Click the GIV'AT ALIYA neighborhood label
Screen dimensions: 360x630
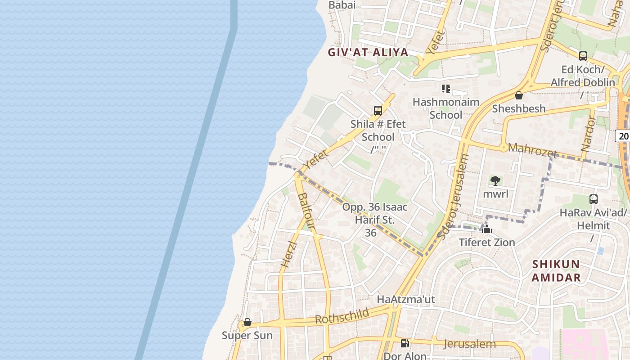click(x=368, y=52)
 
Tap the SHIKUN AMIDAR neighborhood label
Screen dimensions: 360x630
click(x=556, y=270)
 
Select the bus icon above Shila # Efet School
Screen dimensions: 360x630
click(x=378, y=110)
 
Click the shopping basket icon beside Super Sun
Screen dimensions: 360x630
click(x=247, y=322)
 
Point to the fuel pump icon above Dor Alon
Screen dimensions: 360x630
click(x=405, y=343)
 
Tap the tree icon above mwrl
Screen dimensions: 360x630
click(x=495, y=181)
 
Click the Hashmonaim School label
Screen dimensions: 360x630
click(x=446, y=108)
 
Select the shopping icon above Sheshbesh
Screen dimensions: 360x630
click(x=519, y=95)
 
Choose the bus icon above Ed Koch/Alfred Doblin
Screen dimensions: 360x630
click(x=583, y=56)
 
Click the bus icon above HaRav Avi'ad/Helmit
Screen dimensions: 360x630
click(x=594, y=199)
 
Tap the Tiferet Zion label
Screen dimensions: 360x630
click(x=487, y=242)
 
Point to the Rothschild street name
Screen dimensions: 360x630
click(x=342, y=316)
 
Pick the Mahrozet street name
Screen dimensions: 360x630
click(x=532, y=150)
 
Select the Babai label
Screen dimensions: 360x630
click(x=342, y=5)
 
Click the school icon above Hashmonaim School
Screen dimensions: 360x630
click(x=446, y=89)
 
